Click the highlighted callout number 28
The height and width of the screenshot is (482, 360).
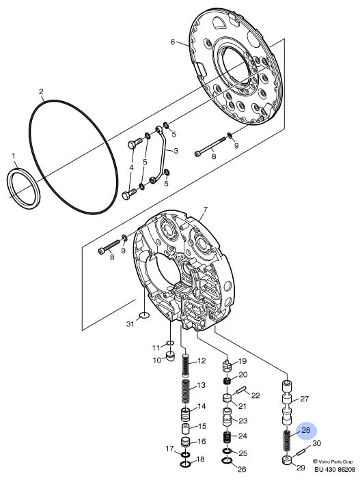pyautogui.click(x=306, y=430)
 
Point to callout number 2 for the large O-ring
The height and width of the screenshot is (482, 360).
pyautogui.click(x=41, y=91)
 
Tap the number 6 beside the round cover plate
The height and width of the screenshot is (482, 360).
pyautogui.click(x=173, y=42)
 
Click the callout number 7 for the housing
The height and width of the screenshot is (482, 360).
pyautogui.click(x=205, y=210)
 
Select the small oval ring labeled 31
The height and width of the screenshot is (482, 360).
pyautogui.click(x=144, y=315)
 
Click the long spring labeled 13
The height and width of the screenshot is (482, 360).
pyautogui.click(x=186, y=391)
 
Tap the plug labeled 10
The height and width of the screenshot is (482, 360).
pyautogui.click(x=170, y=356)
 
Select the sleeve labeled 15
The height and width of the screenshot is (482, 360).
pyautogui.click(x=185, y=428)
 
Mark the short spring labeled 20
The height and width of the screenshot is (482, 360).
pyautogui.click(x=227, y=381)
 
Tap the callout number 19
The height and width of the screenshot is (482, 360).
pyautogui.click(x=243, y=361)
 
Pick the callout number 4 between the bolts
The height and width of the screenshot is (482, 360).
pyautogui.click(x=131, y=167)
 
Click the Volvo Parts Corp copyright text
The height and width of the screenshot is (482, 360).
pyautogui.click(x=333, y=462)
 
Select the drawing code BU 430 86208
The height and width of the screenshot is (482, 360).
pyautogui.click(x=335, y=470)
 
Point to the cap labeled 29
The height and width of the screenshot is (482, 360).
pyautogui.click(x=286, y=461)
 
